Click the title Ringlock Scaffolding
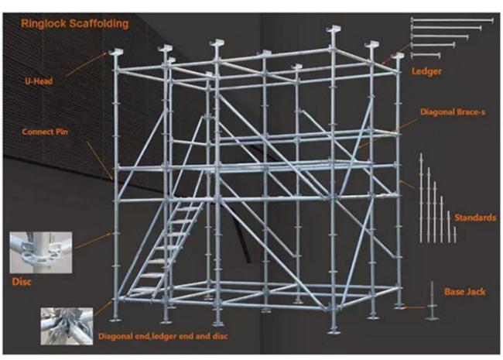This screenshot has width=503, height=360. (75, 23)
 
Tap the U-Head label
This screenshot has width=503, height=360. (39, 81)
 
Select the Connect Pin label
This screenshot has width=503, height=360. (45, 132)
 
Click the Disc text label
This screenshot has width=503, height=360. (22, 282)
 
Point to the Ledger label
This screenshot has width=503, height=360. (426, 71)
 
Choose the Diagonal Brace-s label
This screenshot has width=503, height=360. (453, 112)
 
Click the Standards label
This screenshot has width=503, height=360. (475, 218)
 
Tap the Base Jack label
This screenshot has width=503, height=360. (465, 292)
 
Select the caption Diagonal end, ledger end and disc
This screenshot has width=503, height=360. (163, 336)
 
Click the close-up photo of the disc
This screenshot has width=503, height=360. (41, 252)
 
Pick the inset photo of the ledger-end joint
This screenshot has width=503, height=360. (67, 326)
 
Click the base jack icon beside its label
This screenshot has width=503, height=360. (432, 301)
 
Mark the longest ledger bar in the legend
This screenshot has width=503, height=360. (452, 21)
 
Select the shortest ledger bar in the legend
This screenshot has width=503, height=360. (426, 55)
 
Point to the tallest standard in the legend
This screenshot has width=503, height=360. (421, 197)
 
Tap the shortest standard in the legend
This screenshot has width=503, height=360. (454, 235)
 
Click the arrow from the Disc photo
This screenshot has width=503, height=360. (93, 241)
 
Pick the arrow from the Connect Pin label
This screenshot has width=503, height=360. (99, 159)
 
